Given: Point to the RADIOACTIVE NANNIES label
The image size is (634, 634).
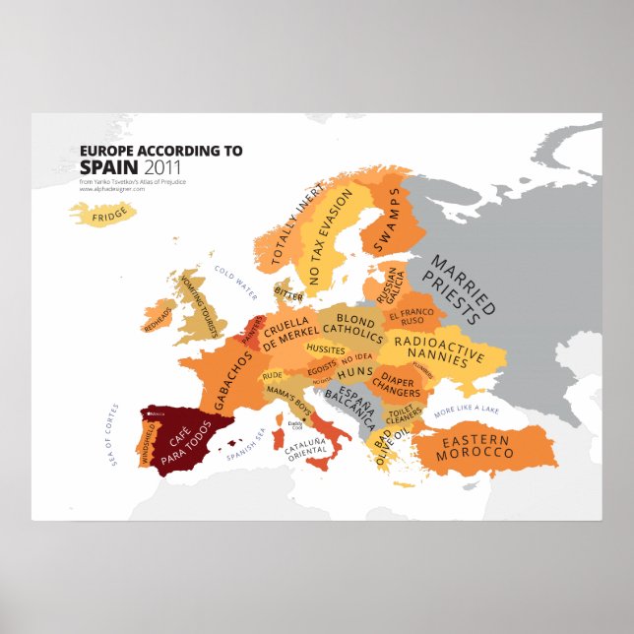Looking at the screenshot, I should click(x=435, y=347).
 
